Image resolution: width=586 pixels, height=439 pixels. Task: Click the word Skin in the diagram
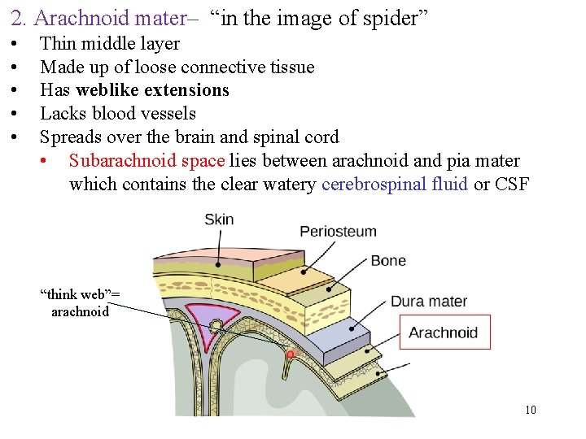(x=219, y=219)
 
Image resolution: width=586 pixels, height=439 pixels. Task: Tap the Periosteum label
(x=338, y=231)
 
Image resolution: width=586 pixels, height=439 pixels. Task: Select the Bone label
(x=387, y=261)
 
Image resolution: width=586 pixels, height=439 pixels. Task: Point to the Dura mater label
(x=429, y=302)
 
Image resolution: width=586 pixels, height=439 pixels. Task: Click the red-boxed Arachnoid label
(x=444, y=333)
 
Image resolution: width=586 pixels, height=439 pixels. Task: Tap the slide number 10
(x=531, y=410)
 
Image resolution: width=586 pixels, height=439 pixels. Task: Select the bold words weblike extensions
(x=152, y=90)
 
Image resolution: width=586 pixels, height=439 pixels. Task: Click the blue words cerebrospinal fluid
(x=394, y=185)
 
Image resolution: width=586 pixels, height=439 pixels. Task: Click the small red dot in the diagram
(x=291, y=354)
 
